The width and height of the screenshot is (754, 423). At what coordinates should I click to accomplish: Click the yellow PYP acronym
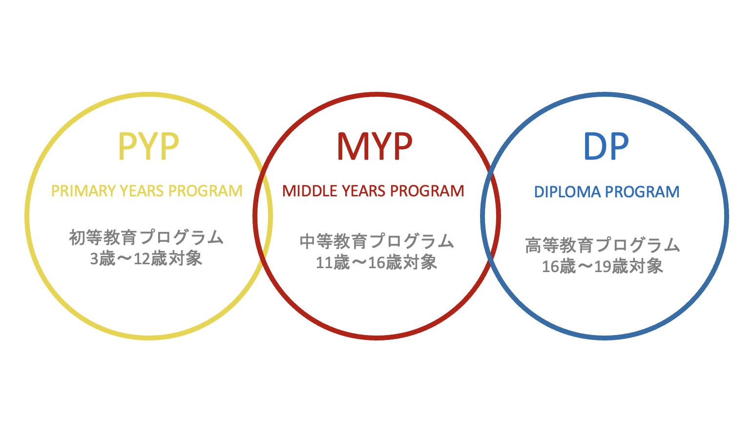(148, 146)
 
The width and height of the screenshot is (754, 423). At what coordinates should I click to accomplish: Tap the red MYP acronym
(375, 146)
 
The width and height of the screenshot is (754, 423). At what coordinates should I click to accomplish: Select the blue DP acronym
(606, 146)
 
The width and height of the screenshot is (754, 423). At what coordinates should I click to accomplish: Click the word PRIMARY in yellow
(84, 191)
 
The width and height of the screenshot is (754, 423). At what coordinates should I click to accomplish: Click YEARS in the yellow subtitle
(142, 191)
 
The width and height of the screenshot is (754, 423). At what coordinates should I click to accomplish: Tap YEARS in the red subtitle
(363, 191)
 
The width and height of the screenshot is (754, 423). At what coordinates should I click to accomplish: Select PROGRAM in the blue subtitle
(642, 192)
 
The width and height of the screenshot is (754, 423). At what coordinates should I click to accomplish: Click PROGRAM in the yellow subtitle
(205, 191)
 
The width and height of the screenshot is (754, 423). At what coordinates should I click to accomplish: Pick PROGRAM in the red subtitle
(427, 191)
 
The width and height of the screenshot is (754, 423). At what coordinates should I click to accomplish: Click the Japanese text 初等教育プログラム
(147, 237)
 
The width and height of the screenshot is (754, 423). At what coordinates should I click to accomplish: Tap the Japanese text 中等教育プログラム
(377, 241)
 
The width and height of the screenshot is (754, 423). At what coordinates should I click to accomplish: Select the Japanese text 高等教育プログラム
(603, 245)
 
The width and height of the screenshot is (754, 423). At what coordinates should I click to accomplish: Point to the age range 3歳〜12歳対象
(146, 259)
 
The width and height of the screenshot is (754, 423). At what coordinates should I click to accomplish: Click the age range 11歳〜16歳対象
(377, 262)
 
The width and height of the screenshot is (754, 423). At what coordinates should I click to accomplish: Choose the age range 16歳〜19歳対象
(603, 266)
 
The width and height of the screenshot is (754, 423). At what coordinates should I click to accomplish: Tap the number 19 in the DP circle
(603, 267)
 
